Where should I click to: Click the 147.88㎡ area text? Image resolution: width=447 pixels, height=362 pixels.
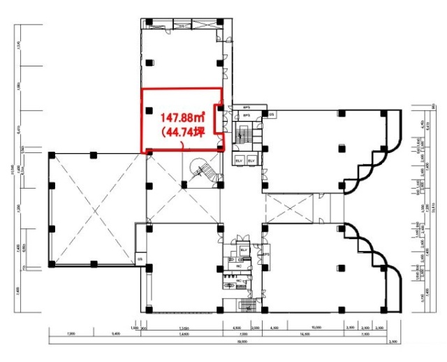[x=184, y=117]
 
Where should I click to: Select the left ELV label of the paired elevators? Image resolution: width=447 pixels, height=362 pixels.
[x=239, y=161]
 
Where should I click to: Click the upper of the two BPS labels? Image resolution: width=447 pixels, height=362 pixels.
[x=247, y=107]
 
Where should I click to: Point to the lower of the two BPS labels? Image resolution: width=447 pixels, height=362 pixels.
[x=246, y=117]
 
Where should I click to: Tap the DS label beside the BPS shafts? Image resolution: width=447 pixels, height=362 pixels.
[x=272, y=114]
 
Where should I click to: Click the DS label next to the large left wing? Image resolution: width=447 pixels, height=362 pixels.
[x=140, y=260]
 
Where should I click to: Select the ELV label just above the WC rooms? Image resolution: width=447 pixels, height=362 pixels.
[x=244, y=249]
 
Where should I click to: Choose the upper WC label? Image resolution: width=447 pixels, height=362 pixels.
[x=239, y=266]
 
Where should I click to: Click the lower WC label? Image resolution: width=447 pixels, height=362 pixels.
[x=238, y=281]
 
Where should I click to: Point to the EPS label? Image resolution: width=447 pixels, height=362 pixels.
[x=266, y=255]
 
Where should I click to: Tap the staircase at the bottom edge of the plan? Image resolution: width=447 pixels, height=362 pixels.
[x=244, y=306]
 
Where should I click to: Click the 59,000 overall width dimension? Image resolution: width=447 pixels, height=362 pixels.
[x=242, y=342]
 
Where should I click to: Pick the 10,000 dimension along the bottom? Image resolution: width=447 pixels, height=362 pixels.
[x=316, y=327]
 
